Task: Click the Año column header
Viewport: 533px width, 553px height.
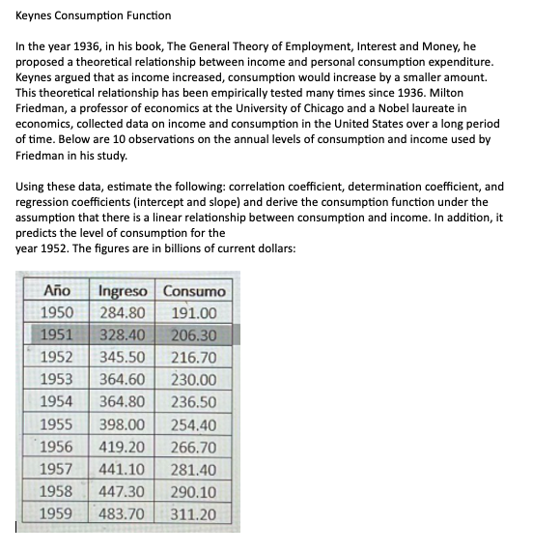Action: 59,291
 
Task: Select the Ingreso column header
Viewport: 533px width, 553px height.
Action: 124,291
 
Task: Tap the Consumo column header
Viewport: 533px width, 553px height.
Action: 194,291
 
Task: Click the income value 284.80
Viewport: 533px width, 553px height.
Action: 124,313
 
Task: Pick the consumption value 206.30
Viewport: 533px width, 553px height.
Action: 193,335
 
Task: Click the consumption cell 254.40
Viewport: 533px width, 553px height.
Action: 193,425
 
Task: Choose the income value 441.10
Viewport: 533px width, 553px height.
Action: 124,470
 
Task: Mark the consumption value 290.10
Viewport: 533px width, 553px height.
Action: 193,492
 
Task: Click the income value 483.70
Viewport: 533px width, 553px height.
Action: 124,514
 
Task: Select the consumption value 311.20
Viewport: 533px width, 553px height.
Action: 193,514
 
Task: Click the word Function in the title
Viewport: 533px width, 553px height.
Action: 147,15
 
